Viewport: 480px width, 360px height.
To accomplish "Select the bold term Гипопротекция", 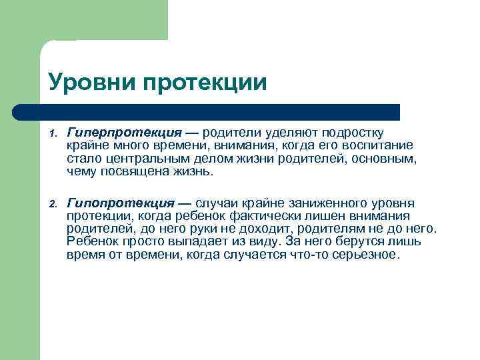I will click(x=121, y=203).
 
